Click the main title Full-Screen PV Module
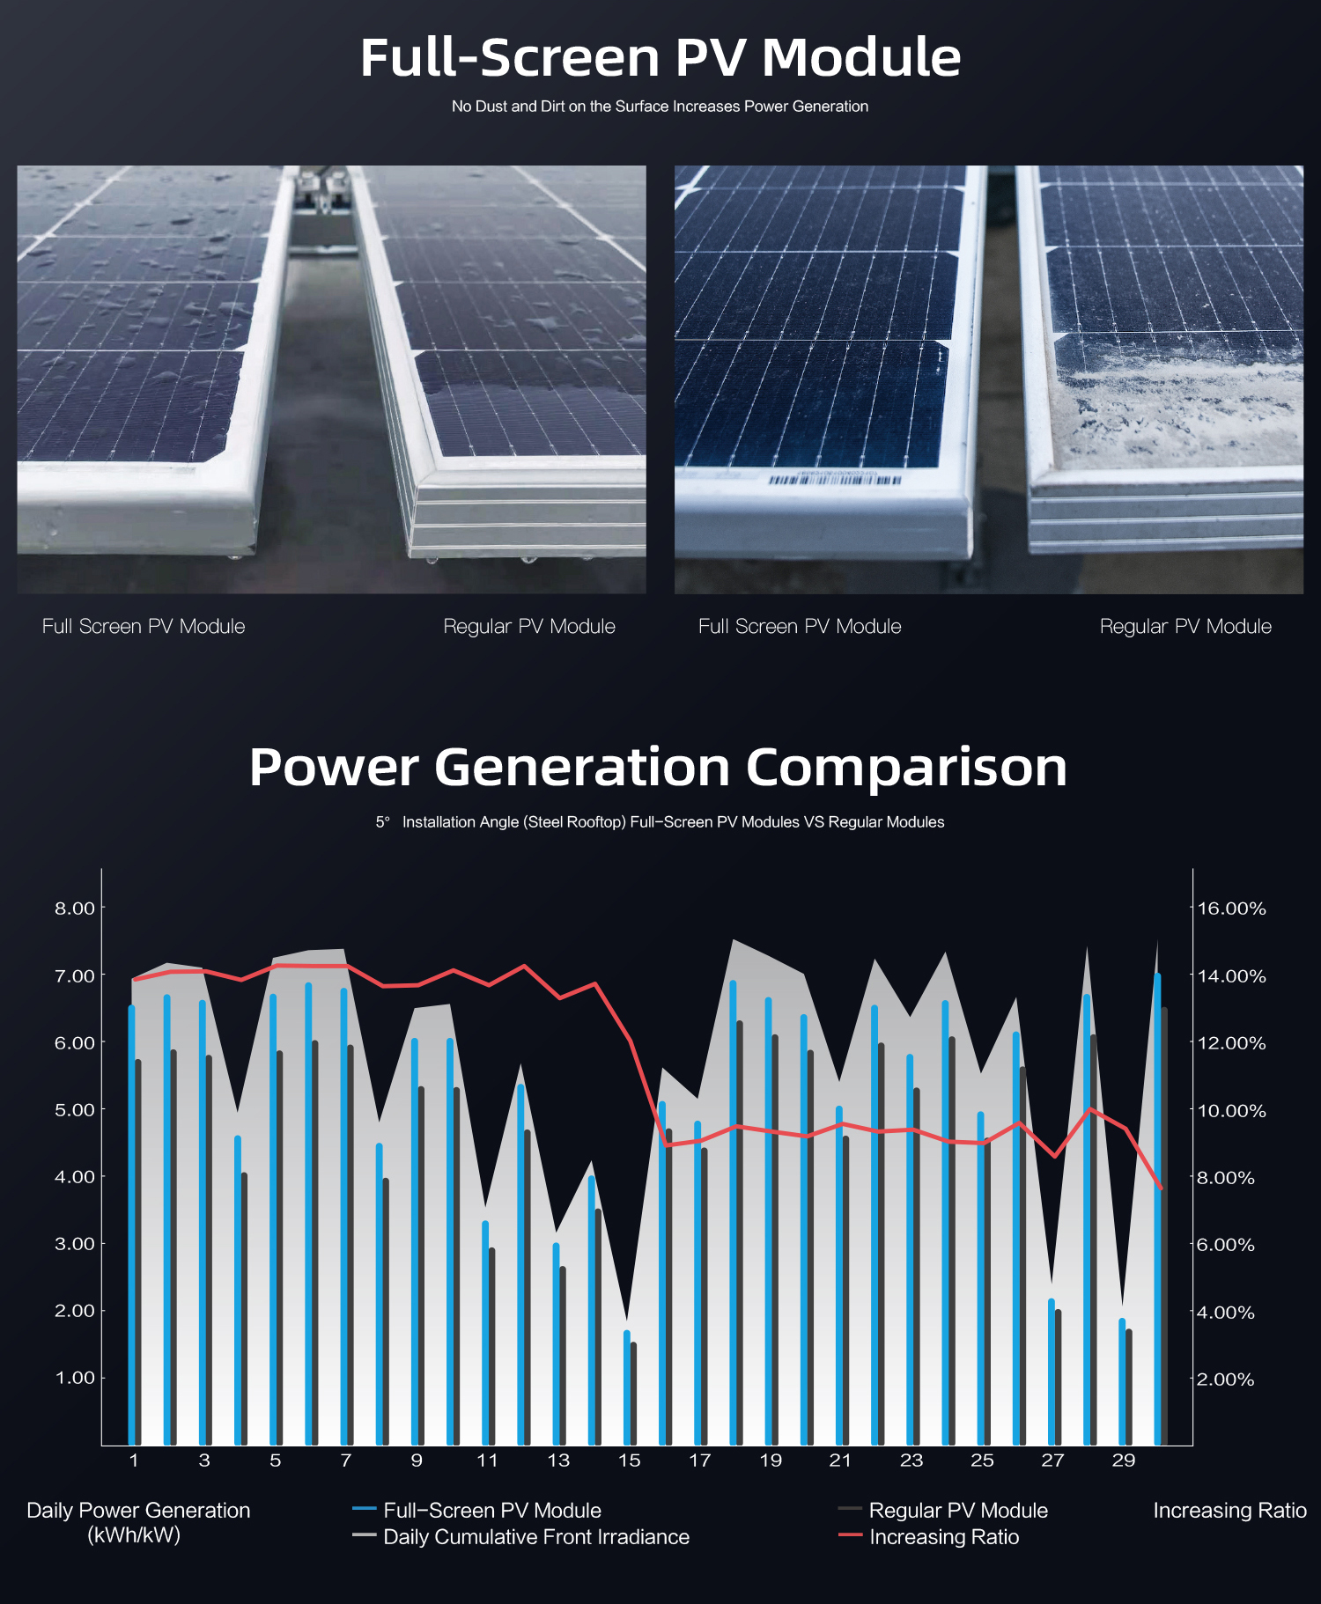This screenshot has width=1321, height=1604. click(x=660, y=58)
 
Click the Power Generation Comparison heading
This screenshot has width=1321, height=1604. click(x=658, y=767)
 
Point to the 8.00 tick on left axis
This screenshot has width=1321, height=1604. click(x=75, y=909)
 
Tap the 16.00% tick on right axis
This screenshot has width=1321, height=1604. click(x=1231, y=909)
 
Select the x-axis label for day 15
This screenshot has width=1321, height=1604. click(x=629, y=1461)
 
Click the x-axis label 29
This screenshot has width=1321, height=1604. click(x=1123, y=1461)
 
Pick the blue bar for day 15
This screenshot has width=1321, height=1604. click(x=627, y=1387)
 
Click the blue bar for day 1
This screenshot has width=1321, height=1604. click(x=131, y=1224)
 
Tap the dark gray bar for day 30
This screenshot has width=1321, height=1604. click(x=1164, y=1224)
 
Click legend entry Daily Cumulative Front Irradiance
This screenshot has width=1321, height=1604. click(x=536, y=1537)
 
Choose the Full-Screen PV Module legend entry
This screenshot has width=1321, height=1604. click(x=491, y=1511)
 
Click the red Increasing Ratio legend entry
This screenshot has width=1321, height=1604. click(x=943, y=1537)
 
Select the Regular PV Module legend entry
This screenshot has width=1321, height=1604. click(x=958, y=1511)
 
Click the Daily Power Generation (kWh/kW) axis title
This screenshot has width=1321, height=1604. click(x=138, y=1522)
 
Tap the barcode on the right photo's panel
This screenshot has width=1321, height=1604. click(x=834, y=480)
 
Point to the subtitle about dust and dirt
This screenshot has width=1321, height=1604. click(x=660, y=107)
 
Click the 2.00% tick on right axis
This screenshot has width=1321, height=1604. click(x=1225, y=1380)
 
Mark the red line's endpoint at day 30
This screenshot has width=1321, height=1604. click(x=1162, y=1188)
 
